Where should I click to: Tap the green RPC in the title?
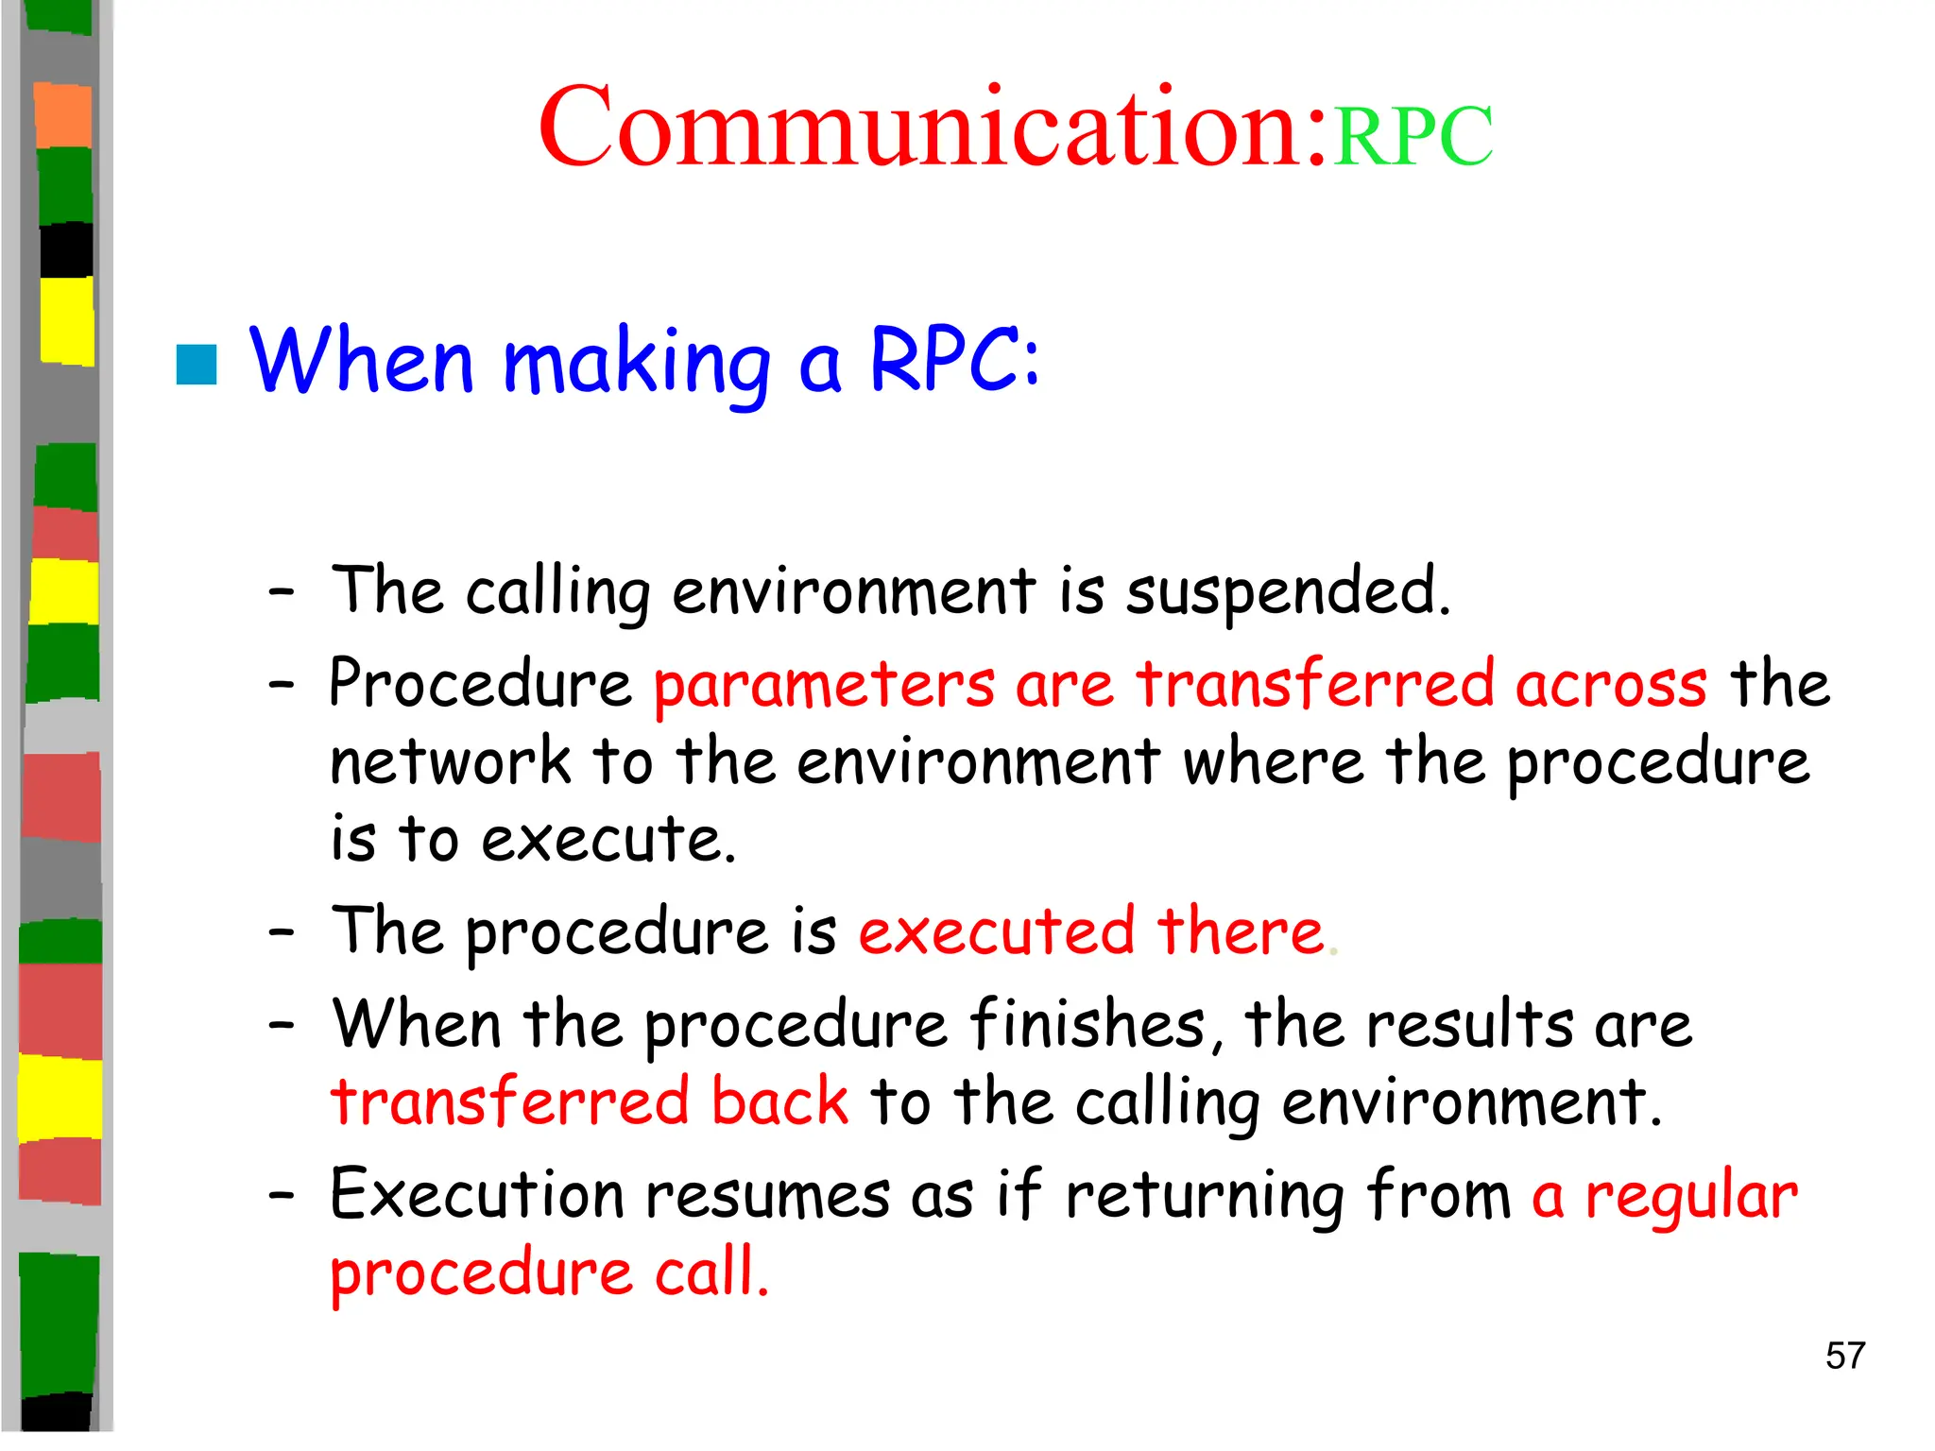coord(1413,137)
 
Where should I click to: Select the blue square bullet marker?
coord(197,365)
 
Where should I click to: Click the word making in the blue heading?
coord(637,364)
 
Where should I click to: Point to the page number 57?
coord(1844,1356)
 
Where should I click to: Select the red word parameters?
coord(824,685)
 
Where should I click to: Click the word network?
coord(451,762)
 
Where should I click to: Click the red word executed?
coord(997,931)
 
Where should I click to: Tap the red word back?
coord(779,1101)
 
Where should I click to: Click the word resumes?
coord(767,1194)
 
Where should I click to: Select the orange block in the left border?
coord(63,115)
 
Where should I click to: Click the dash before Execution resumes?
coord(281,1196)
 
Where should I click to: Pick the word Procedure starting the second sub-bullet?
coord(480,685)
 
